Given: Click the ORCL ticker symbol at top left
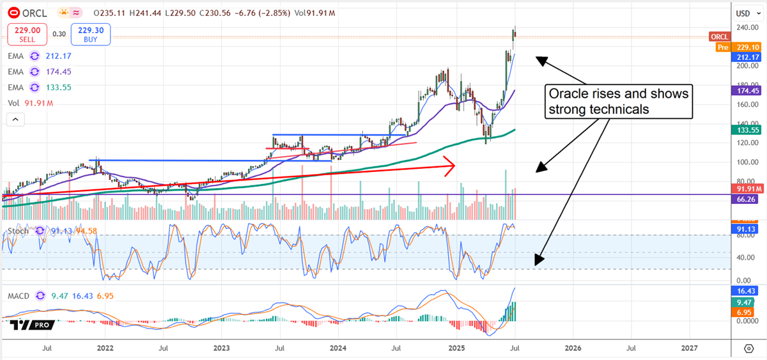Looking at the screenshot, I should (33, 12).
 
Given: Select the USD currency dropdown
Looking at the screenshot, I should (743, 13).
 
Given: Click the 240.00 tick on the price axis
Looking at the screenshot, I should (743, 27).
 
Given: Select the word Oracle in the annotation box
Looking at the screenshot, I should (568, 94).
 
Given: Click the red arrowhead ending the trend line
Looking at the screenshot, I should (451, 166).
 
